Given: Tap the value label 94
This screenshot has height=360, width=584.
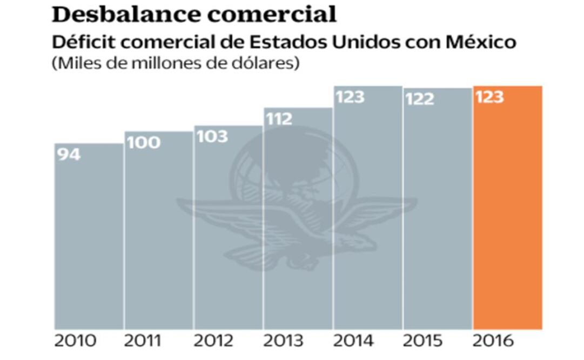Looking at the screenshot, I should pyautogui.click(x=68, y=155).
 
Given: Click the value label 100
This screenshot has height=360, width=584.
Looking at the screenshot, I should pyautogui.click(x=143, y=143).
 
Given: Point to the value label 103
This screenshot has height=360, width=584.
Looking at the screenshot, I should pyautogui.click(x=212, y=136).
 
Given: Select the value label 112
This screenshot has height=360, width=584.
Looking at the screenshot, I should pyautogui.click(x=279, y=118).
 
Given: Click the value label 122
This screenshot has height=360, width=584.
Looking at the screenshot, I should pyautogui.click(x=420, y=99).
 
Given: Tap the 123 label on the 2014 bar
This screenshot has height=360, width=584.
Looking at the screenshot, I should pyautogui.click(x=350, y=97).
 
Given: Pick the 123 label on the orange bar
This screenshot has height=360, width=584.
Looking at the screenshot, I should pyautogui.click(x=489, y=97).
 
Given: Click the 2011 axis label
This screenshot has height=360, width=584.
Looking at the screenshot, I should pyautogui.click(x=143, y=342).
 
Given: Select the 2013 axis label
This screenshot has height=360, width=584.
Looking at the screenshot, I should pyautogui.click(x=283, y=342).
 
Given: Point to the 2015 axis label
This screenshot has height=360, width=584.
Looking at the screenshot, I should pyautogui.click(x=422, y=342).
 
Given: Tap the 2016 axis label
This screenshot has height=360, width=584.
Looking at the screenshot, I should pyautogui.click(x=492, y=342).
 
